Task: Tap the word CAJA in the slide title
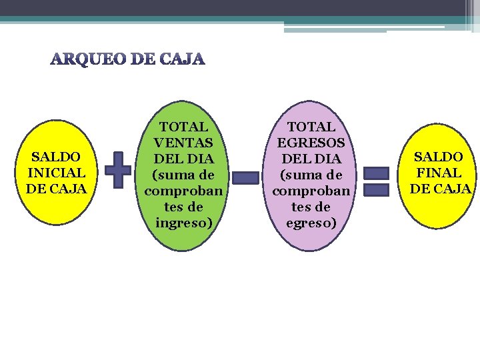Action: tap(181, 60)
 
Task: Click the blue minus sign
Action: tap(247, 177)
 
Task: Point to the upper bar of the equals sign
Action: tap(377, 173)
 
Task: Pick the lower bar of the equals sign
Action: tap(377, 190)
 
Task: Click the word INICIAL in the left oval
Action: tap(57, 173)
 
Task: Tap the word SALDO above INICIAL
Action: tap(57, 157)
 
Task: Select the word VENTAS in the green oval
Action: tap(183, 143)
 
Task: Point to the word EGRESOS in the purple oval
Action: tap(311, 143)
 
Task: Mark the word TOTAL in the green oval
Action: tap(183, 127)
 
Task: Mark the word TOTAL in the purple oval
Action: tap(311, 127)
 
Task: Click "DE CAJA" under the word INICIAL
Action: tap(57, 189)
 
